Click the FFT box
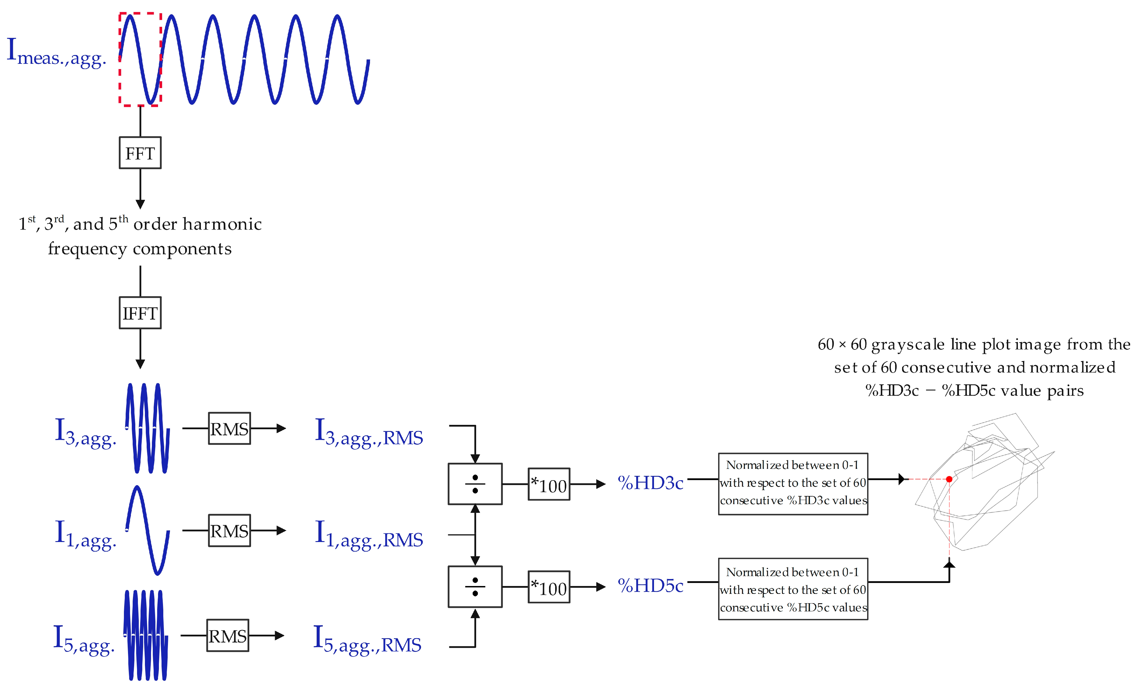click(140, 153)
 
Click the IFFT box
click(140, 313)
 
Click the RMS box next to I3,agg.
click(229, 429)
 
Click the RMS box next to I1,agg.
click(229, 531)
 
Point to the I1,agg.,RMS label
click(369, 535)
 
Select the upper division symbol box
click(475, 484)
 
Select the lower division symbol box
click(475, 587)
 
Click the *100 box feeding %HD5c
click(549, 587)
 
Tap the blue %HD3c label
click(650, 483)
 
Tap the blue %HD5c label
click(650, 585)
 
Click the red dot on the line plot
click(949, 479)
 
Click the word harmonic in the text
click(222, 224)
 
